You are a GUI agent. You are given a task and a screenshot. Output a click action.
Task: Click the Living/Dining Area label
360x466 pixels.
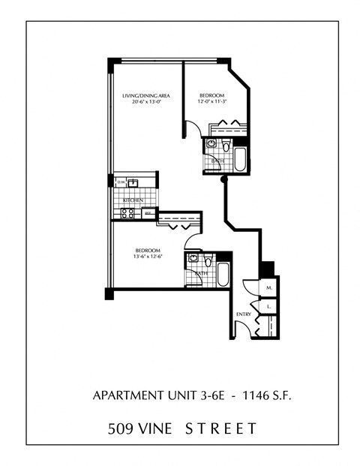(x=145, y=96)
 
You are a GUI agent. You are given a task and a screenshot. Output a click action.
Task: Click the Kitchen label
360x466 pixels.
(x=133, y=200)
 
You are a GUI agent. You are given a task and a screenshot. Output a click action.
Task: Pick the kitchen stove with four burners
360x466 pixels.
(x=128, y=212)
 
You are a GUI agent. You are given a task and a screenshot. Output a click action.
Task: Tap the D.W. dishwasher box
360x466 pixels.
(x=121, y=181)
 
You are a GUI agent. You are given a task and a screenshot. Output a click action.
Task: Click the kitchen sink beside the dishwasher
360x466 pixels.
(x=135, y=182)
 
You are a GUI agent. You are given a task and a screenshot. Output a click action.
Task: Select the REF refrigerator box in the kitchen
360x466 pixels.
(x=148, y=213)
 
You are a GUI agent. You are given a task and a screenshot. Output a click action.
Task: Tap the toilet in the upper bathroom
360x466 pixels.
(x=211, y=143)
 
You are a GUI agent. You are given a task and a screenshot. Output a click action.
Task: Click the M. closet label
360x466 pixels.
(x=268, y=287)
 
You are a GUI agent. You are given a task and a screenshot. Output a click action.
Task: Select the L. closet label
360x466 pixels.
(x=268, y=306)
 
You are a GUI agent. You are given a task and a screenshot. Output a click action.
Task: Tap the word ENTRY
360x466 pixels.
(x=244, y=314)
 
